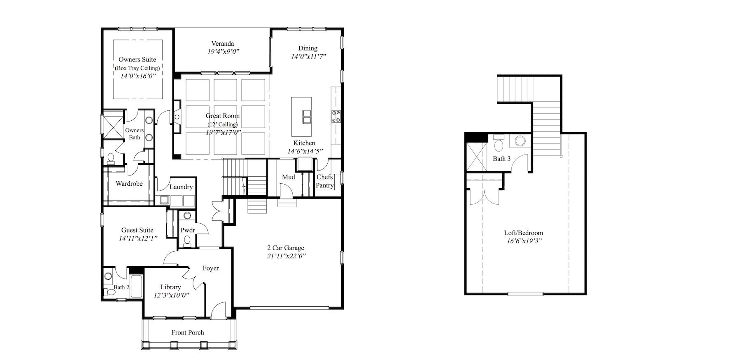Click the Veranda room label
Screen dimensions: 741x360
pyautogui.click(x=223, y=44)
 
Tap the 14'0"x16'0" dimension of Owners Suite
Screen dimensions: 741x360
pyautogui.click(x=138, y=76)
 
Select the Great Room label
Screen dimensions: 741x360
pyautogui.click(x=223, y=116)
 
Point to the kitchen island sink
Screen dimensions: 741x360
pyautogui.click(x=307, y=116)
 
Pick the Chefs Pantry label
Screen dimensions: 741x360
pyautogui.click(x=325, y=181)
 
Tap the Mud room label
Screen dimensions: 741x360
pyautogui.click(x=288, y=177)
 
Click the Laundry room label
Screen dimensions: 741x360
pyautogui.click(x=181, y=187)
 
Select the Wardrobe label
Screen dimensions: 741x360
pyautogui.click(x=129, y=184)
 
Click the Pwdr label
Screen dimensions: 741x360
pyautogui.click(x=188, y=230)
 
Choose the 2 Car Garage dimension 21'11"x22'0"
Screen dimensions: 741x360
pyautogui.click(x=286, y=256)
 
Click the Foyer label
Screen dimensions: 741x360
pyautogui.click(x=211, y=268)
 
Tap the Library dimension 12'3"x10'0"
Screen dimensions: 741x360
pyautogui.click(x=171, y=295)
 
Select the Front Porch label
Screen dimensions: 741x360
pyautogui.click(x=188, y=332)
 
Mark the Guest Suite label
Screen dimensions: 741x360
pyautogui.click(x=137, y=230)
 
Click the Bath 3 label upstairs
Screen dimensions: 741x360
pyautogui.click(x=502, y=159)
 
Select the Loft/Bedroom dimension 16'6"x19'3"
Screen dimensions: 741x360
pyautogui.click(x=524, y=241)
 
